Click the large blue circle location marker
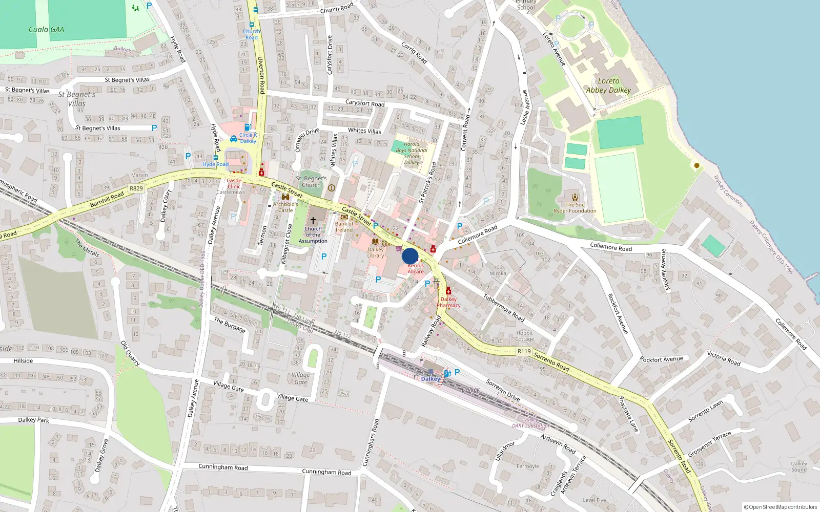pyautogui.click(x=410, y=256)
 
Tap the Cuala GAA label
pyautogui.click(x=46, y=30)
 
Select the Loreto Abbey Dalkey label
pyautogui.click(x=608, y=86)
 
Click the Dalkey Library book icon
pyautogui.click(x=375, y=242)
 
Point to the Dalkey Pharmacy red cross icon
pyautogui.click(x=448, y=291)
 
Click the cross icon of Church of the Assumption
pyautogui.click(x=313, y=220)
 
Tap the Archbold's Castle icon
pyautogui.click(x=285, y=197)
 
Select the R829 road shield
pyautogui.click(x=136, y=188)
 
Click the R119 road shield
pyautogui.click(x=524, y=351)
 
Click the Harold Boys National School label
pyautogui.click(x=412, y=153)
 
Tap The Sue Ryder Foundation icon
pyautogui.click(x=575, y=197)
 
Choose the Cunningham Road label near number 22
pyautogui.click(x=326, y=472)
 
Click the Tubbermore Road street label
pyautogui.click(x=504, y=308)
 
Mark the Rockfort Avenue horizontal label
pyautogui.click(x=661, y=359)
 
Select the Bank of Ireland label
pyautogui.click(x=344, y=227)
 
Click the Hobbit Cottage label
pyautogui.click(x=524, y=336)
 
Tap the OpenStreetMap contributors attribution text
pyautogui.click(x=780, y=507)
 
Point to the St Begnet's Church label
pyautogui.click(x=311, y=182)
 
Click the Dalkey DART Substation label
pyautogui.click(x=530, y=423)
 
